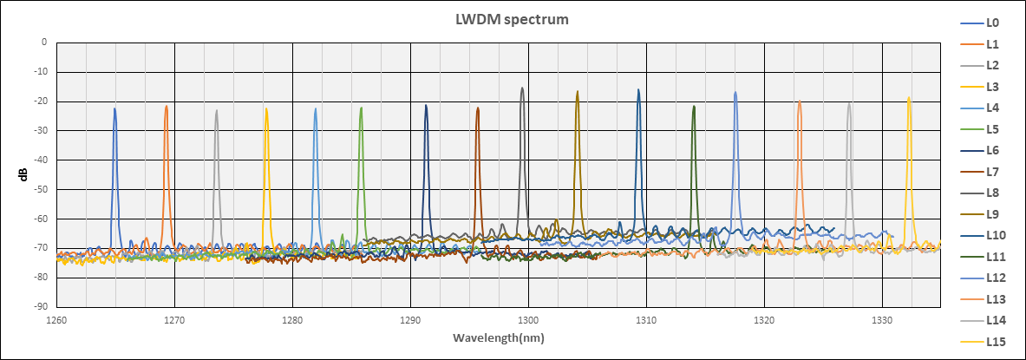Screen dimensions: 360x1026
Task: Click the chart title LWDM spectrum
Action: [513, 19]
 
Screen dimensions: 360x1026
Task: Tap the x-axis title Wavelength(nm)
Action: [497, 336]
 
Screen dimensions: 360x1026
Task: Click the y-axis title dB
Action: [23, 174]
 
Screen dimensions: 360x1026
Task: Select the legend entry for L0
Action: [993, 23]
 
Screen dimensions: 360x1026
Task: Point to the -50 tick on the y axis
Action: [40, 189]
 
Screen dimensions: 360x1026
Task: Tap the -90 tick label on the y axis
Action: [40, 307]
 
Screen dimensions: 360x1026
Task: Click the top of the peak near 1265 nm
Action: [114, 108]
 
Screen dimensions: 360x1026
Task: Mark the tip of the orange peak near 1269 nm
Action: [167, 107]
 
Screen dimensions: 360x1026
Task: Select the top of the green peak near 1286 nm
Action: [362, 108]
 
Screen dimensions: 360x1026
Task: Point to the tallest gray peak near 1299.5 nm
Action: [522, 88]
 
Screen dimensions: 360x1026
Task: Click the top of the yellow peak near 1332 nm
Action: [909, 97]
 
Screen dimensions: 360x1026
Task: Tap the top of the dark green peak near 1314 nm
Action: [694, 106]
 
